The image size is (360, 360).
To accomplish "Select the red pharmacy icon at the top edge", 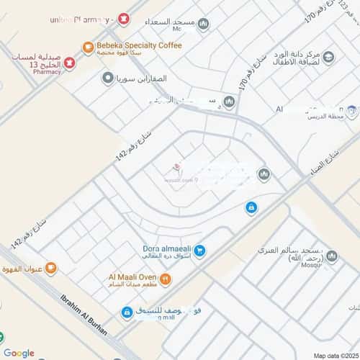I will click(x=124, y=17).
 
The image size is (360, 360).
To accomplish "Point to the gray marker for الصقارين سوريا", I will click(x=108, y=78).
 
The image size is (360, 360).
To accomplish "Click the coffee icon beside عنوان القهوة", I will click(x=50, y=269).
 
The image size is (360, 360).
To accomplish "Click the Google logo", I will click(x=19, y=353).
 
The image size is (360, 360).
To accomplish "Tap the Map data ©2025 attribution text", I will click(x=333, y=355).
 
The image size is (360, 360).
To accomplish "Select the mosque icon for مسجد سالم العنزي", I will click(x=332, y=256).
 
